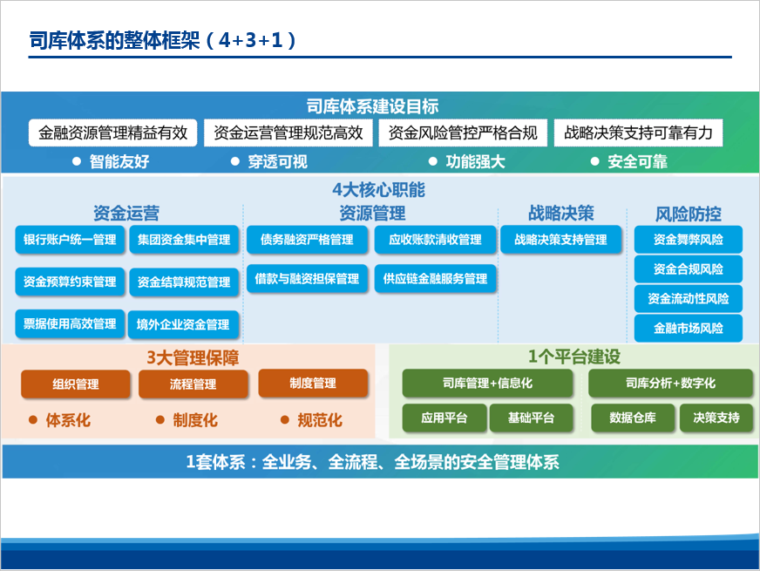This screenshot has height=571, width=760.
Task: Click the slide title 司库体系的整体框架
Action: click(114, 40)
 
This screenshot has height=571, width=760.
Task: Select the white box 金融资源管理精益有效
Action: click(113, 133)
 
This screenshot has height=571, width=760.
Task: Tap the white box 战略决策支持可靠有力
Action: click(638, 133)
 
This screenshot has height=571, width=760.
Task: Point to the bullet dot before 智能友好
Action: click(77, 161)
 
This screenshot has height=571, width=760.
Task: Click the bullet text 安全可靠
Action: click(638, 162)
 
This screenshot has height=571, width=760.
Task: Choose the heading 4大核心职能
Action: click(378, 190)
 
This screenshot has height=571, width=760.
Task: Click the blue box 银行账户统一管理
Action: click(70, 240)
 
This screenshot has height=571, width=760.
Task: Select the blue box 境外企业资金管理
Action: click(183, 324)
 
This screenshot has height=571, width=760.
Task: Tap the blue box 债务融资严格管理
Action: click(308, 240)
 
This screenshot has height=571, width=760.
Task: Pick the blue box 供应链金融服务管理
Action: click(435, 279)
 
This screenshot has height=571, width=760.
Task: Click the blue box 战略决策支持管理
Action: click(560, 240)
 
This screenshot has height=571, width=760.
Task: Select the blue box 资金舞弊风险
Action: click(689, 240)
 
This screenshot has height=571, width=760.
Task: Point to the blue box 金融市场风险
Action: click(689, 328)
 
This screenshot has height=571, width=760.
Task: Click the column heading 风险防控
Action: click(689, 214)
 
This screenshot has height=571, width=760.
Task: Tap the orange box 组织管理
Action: click(76, 384)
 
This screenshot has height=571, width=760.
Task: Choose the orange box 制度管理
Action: click(313, 384)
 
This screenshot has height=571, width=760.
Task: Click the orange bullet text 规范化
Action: click(320, 420)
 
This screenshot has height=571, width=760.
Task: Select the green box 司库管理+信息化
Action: click(487, 384)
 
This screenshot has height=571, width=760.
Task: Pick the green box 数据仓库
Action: click(633, 418)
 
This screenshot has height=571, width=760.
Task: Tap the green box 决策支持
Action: click(716, 418)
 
